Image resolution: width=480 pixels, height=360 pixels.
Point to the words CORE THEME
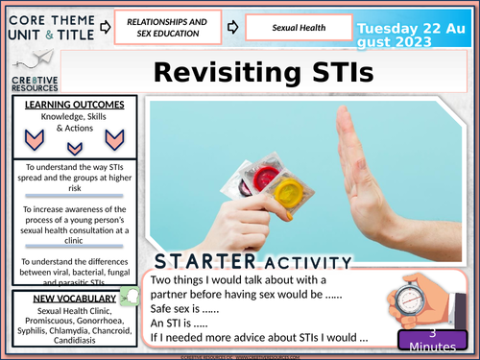[59, 16]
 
